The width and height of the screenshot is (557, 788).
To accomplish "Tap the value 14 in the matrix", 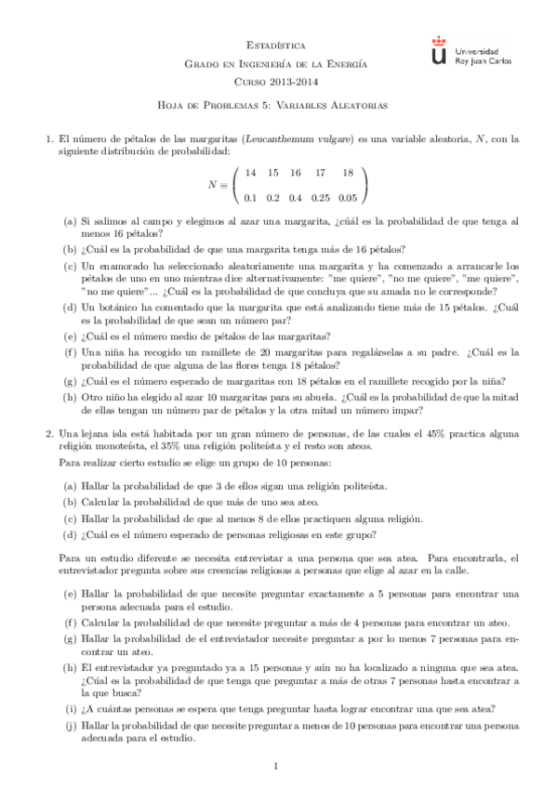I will tap(250, 173).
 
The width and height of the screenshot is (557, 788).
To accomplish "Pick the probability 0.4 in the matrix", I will tap(296, 197).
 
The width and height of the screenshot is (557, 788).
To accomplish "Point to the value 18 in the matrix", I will tap(348, 173).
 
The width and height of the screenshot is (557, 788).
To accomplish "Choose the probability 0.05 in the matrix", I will tap(348, 197).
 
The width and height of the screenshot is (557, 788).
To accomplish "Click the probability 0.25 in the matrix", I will tap(321, 197).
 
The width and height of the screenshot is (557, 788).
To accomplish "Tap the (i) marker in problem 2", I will tap(70, 707).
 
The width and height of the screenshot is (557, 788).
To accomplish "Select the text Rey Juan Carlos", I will tap(477, 59).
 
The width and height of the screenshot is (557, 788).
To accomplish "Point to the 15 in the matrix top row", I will tap(272, 173).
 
